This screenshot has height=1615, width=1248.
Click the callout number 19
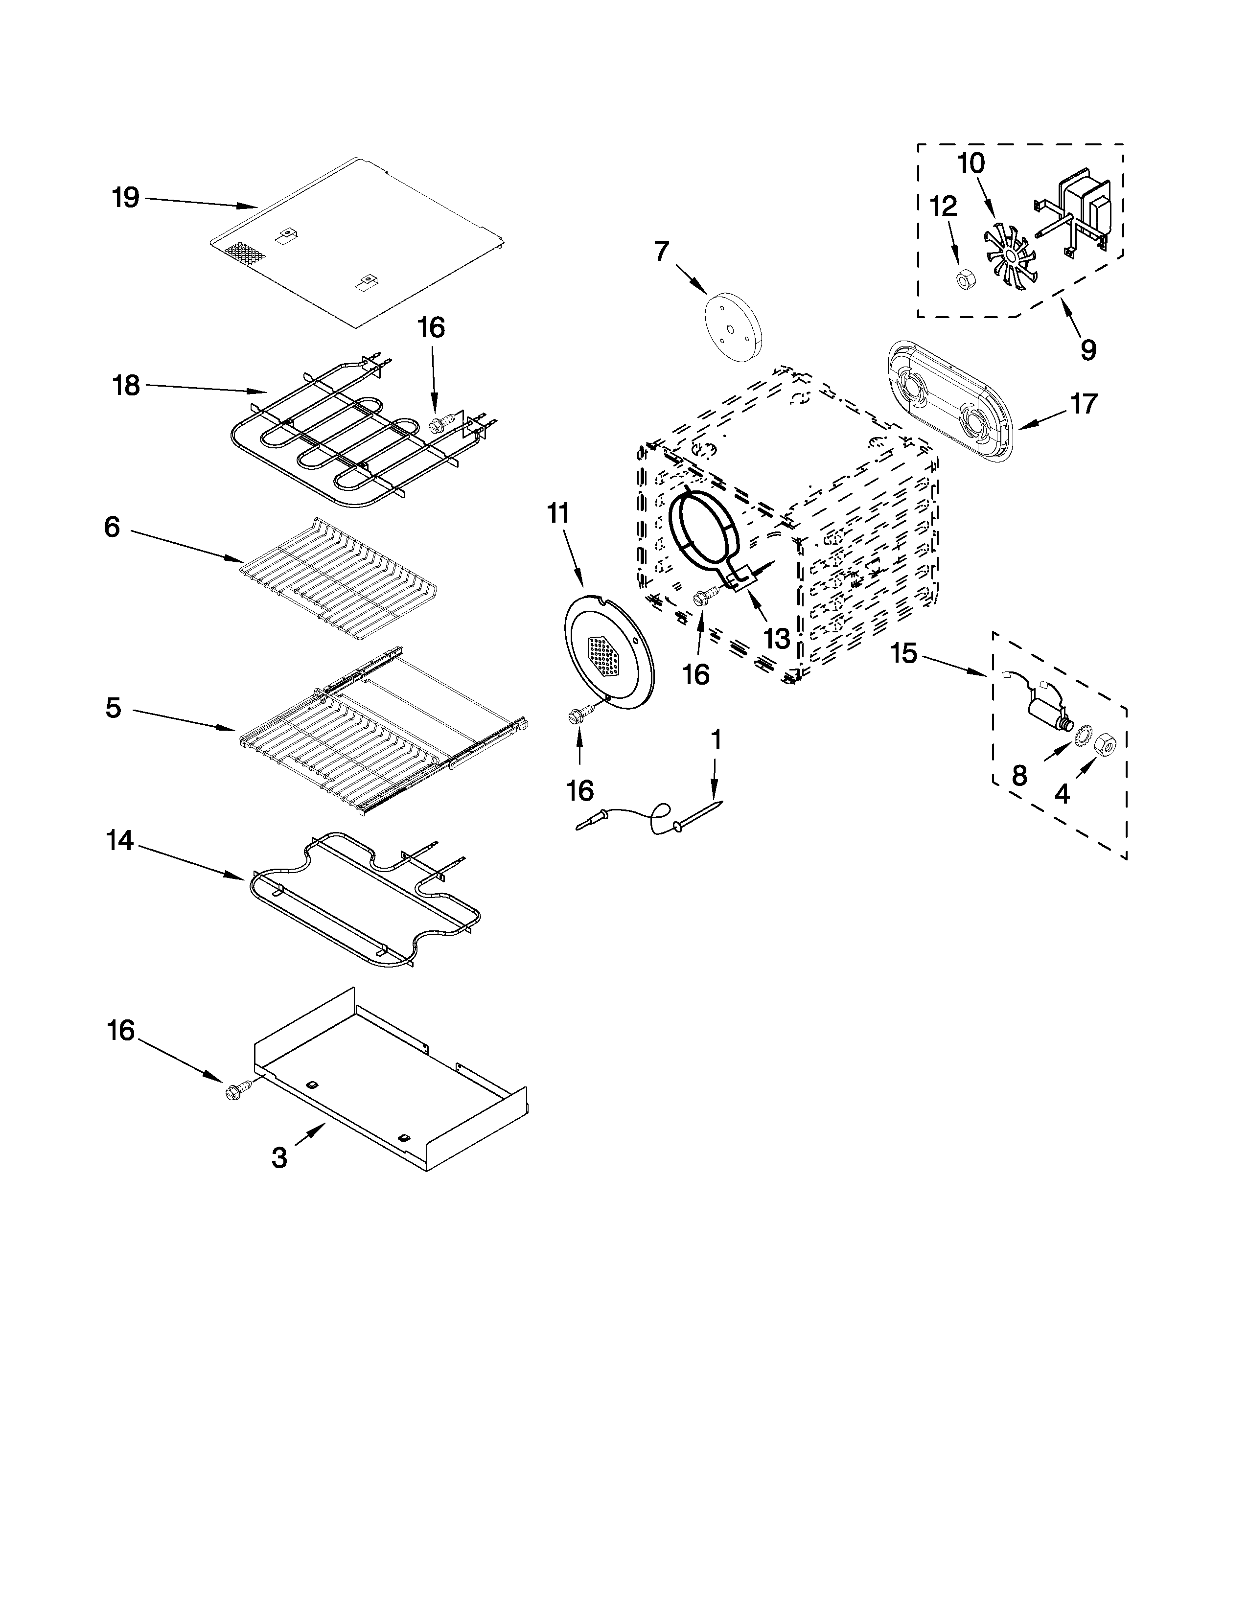(x=126, y=198)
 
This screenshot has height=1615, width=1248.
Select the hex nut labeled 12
(x=965, y=279)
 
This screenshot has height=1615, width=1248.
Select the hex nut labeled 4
(x=1103, y=743)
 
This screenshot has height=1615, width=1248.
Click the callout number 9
(x=1087, y=349)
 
